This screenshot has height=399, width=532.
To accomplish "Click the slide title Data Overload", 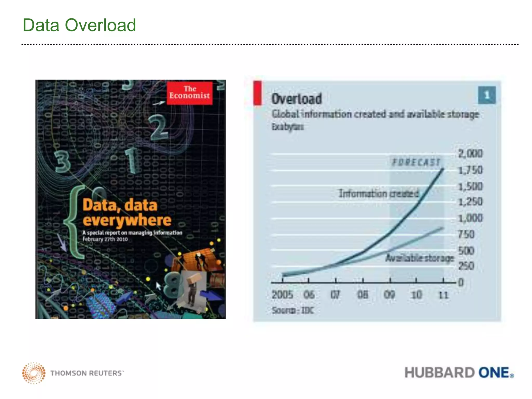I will coord(79,25).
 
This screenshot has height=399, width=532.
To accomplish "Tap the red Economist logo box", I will coord(189,93).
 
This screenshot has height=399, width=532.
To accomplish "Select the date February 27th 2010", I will coord(105,239).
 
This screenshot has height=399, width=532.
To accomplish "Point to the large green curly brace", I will coord(74,222).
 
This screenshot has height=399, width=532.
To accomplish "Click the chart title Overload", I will coord(296,99).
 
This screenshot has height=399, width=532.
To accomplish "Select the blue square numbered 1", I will coord(487,95).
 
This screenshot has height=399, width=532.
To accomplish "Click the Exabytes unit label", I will coord(288,127).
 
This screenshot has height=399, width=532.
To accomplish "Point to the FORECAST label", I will coord(416,162).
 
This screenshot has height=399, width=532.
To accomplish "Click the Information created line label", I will coord(378,194).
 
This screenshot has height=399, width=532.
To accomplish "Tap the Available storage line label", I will coord(420,258).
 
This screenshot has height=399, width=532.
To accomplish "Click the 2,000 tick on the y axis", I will coord(470,154).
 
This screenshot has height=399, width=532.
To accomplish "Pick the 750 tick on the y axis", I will coord(466,235).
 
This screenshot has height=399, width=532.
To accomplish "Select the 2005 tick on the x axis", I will coord(282,295).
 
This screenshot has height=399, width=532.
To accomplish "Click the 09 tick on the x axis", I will coord(389,295).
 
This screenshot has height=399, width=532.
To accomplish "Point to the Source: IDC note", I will coord(293,310).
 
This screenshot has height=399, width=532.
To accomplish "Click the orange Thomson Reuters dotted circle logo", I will coord(34,373).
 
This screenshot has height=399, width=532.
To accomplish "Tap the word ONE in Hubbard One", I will coord(494,373).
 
